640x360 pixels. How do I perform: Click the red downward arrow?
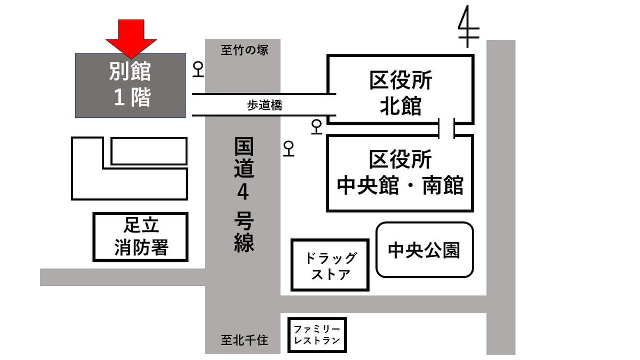coord(131,38)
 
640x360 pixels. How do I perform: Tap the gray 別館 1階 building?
coord(131,85)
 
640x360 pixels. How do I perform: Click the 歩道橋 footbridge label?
coord(264,106)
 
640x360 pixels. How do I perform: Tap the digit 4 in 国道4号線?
coord(243,193)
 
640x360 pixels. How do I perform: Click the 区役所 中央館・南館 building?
coord(400,173)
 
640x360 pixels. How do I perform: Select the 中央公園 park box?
coord(425,250)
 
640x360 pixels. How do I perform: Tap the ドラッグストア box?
coord(330,266)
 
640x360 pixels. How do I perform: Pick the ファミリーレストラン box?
coord(317,335)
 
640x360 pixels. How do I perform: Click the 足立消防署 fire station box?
coord(141,237)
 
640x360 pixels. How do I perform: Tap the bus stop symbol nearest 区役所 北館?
coord(317,127)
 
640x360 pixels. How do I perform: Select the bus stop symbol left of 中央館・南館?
coord(289,148)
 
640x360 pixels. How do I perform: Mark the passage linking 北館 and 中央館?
coord(446,129)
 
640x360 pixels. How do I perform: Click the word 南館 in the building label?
coord(443,186)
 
